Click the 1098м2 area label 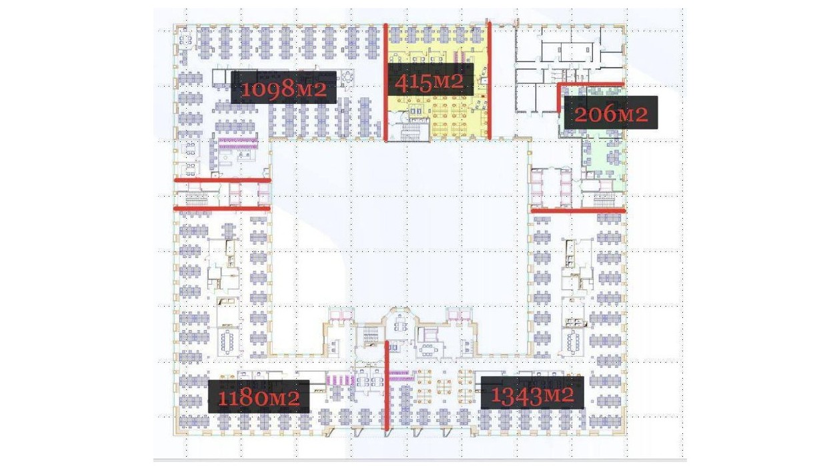pos(283,87)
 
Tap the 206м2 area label pos(611,113)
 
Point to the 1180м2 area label pos(259,396)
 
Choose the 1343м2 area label pos(532,393)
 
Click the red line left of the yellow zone pos(385,83)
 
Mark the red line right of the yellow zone pos(490,81)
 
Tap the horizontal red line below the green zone pos(578,211)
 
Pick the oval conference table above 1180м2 pos(227,341)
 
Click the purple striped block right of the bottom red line pos(400,375)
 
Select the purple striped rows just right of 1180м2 pos(340,379)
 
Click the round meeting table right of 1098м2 pos(348,77)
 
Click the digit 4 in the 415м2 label pos(401,83)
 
